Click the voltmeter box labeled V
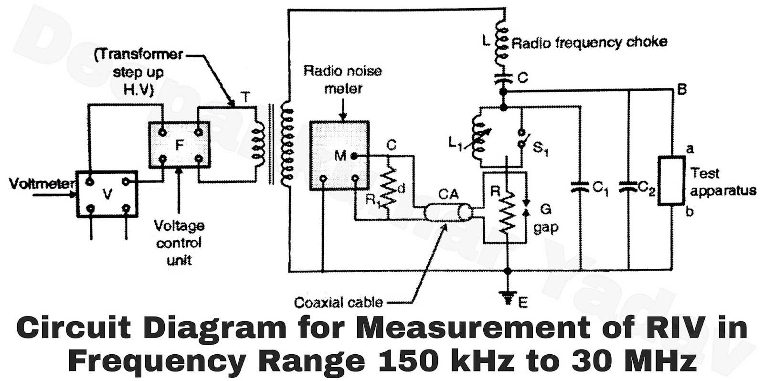pyautogui.click(x=107, y=194)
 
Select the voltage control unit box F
pyautogui.click(x=179, y=145)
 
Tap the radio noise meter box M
pyautogui.click(x=339, y=156)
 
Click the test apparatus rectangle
pyautogui.click(x=671, y=180)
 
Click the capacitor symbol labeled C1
pyautogui.click(x=580, y=187)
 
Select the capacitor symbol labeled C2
pyautogui.click(x=628, y=187)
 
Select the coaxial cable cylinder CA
pyautogui.click(x=448, y=212)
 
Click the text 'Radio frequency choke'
pyautogui.click(x=589, y=43)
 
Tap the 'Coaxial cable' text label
pyautogui.click(x=338, y=302)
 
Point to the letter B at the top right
pyautogui.click(x=682, y=89)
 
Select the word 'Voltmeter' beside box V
pyautogui.click(x=42, y=183)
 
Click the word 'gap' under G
pyautogui.click(x=545, y=227)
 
